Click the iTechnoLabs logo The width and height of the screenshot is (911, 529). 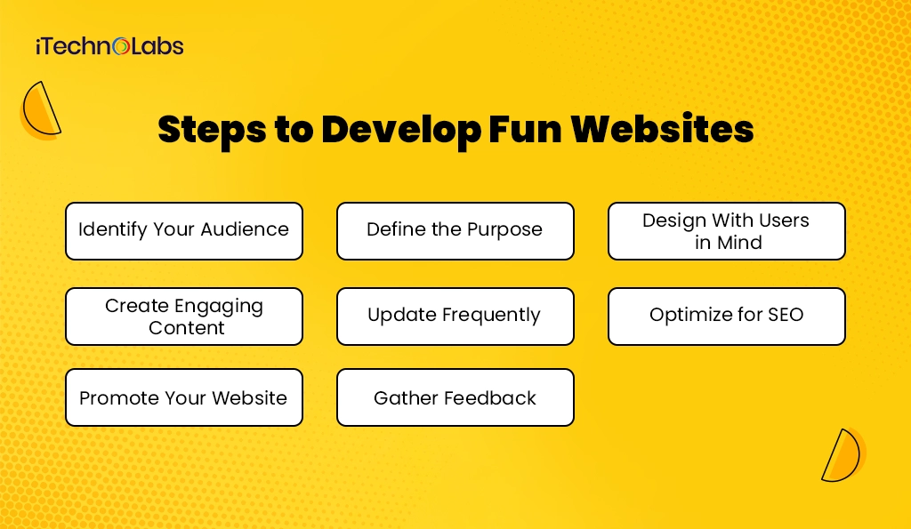tap(109, 45)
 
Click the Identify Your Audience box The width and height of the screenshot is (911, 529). tap(184, 231)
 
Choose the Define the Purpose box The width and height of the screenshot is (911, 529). tap(455, 231)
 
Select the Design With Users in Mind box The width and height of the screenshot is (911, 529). tap(726, 231)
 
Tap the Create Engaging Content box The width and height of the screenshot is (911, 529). tap(184, 317)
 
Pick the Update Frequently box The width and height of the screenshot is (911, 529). tap(455, 317)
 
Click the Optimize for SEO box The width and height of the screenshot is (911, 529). tap(726, 317)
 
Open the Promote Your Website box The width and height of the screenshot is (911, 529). tap(184, 397)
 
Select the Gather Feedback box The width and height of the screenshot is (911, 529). tap(455, 397)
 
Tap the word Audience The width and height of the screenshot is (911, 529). tap(245, 229)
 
